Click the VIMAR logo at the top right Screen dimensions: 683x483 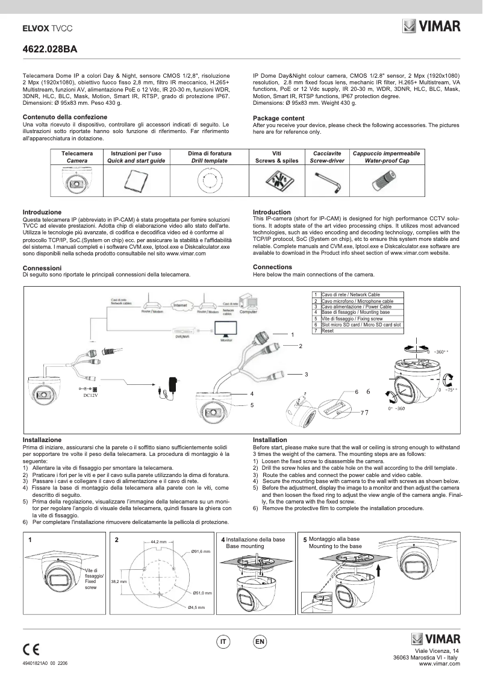pyautogui.click(x=431, y=27)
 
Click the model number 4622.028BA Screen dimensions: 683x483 pyautogui.click(x=49, y=51)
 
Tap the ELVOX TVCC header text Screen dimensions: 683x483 pyautogui.click(x=47, y=28)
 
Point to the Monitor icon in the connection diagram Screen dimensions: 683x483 pyautogui.click(x=226, y=330)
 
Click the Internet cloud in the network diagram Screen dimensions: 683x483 pyautogui.click(x=179, y=305)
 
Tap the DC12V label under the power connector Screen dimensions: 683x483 pyautogui.click(x=90, y=396)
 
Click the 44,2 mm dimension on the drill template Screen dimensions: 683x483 pyautogui.click(x=158, y=542)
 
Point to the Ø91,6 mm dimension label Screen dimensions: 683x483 pyautogui.click(x=201, y=551)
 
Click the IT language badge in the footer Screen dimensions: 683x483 pyautogui.click(x=223, y=642)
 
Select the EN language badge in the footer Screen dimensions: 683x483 pyautogui.click(x=260, y=642)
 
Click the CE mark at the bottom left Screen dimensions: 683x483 pyautogui.click(x=31, y=649)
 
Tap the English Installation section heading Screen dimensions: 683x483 pyautogui.click(x=270, y=440)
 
